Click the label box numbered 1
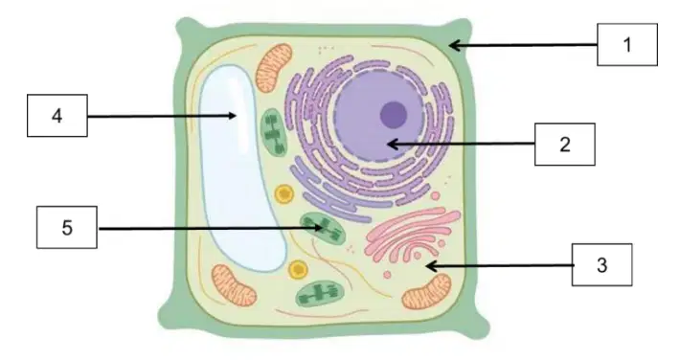(x=627, y=45)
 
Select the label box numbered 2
(x=565, y=145)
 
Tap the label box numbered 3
(x=601, y=264)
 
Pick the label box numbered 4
(x=57, y=116)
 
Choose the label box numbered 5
(x=67, y=227)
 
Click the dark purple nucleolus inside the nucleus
(x=394, y=115)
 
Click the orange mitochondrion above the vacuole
(x=274, y=68)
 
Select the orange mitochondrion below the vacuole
(x=234, y=285)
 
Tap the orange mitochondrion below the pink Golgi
(x=427, y=291)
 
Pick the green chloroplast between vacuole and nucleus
(x=274, y=131)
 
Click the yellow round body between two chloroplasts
(x=284, y=193)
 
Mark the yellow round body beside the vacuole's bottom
(x=298, y=270)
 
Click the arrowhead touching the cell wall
(x=454, y=45)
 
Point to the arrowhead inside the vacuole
(x=232, y=116)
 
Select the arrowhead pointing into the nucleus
(x=392, y=144)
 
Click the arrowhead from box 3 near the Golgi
(x=431, y=265)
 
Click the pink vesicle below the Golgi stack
(x=387, y=275)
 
